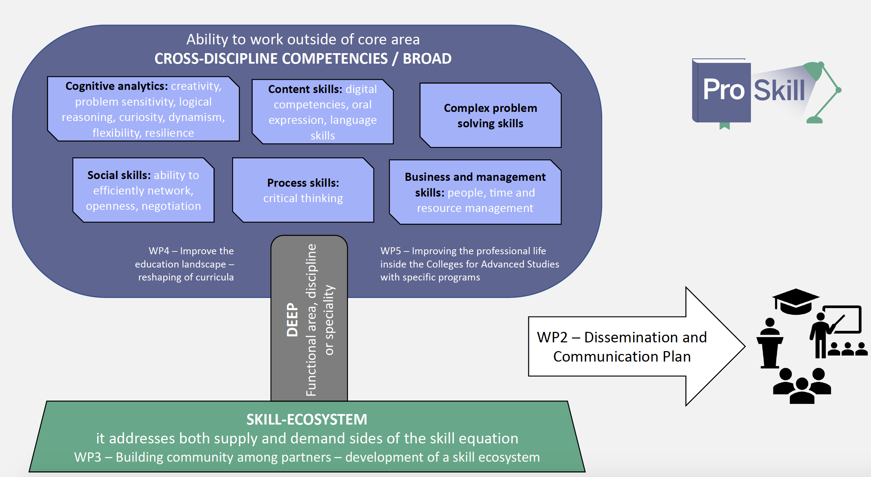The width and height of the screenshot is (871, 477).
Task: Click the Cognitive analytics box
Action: tap(143, 109)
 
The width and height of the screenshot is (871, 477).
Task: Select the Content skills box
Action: tap(322, 112)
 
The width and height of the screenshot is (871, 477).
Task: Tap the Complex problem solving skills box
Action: tap(490, 115)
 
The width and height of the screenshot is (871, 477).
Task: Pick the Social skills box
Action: tap(143, 190)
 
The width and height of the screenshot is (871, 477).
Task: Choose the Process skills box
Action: tap(303, 190)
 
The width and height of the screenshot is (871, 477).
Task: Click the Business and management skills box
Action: tap(475, 192)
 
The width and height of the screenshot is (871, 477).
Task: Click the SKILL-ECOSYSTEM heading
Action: tap(307, 419)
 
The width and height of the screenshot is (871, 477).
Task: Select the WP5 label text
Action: tap(469, 264)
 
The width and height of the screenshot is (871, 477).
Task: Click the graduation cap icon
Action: tap(795, 301)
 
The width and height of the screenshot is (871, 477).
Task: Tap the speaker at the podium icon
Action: tap(770, 343)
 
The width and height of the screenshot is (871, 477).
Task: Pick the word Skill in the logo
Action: tap(779, 90)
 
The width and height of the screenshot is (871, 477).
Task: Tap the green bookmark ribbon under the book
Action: tap(724, 126)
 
